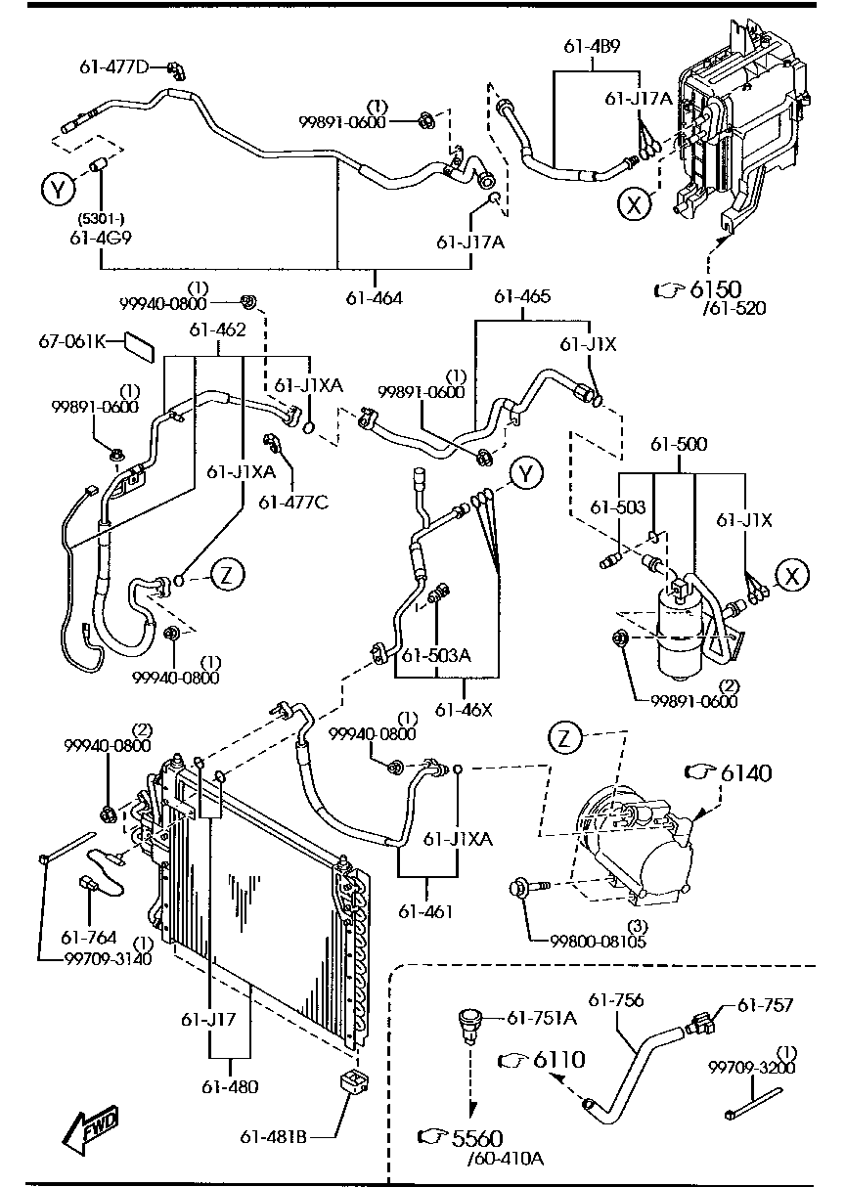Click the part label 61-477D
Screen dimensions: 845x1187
coord(114,67)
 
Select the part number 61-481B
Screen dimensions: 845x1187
coord(273,1137)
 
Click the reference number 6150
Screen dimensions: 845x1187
coord(715,288)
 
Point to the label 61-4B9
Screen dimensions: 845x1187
coord(592,47)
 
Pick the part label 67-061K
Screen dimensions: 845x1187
coord(72,341)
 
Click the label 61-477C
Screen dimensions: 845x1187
coord(293,502)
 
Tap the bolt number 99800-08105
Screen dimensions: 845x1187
coord(598,956)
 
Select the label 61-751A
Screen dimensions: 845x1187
coord(542,1018)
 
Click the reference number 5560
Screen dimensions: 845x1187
coord(477,1138)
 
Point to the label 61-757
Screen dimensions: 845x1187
coord(766,1005)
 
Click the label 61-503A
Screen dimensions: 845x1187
coord(436,655)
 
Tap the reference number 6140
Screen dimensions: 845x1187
coord(746,773)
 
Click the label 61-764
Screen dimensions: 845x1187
coord(89,938)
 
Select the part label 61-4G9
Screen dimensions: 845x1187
coord(100,238)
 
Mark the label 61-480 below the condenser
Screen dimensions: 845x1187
coord(230,1087)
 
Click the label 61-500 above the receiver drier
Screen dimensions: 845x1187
coord(679,444)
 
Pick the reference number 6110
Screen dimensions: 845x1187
coord(558,1059)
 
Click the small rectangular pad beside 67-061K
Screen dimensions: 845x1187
coord(140,347)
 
